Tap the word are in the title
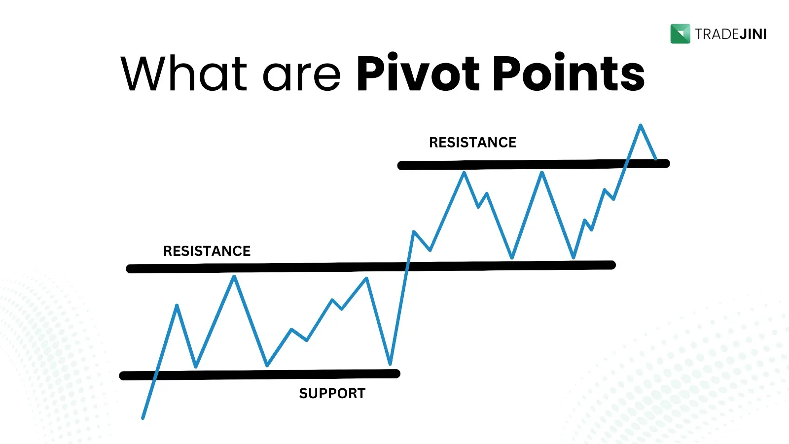302,77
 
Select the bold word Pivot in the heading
418,72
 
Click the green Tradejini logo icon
680,34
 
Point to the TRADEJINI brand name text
731,34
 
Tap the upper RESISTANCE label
473,143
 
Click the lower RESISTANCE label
207,251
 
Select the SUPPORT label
332,393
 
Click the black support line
259,374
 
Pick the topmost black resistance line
534,164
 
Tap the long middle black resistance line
371,267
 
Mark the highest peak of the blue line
641,125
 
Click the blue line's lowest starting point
143,418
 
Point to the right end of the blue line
656,159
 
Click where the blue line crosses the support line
155,375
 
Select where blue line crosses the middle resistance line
407,266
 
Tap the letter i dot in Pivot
393,56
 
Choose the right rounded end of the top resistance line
666,163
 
